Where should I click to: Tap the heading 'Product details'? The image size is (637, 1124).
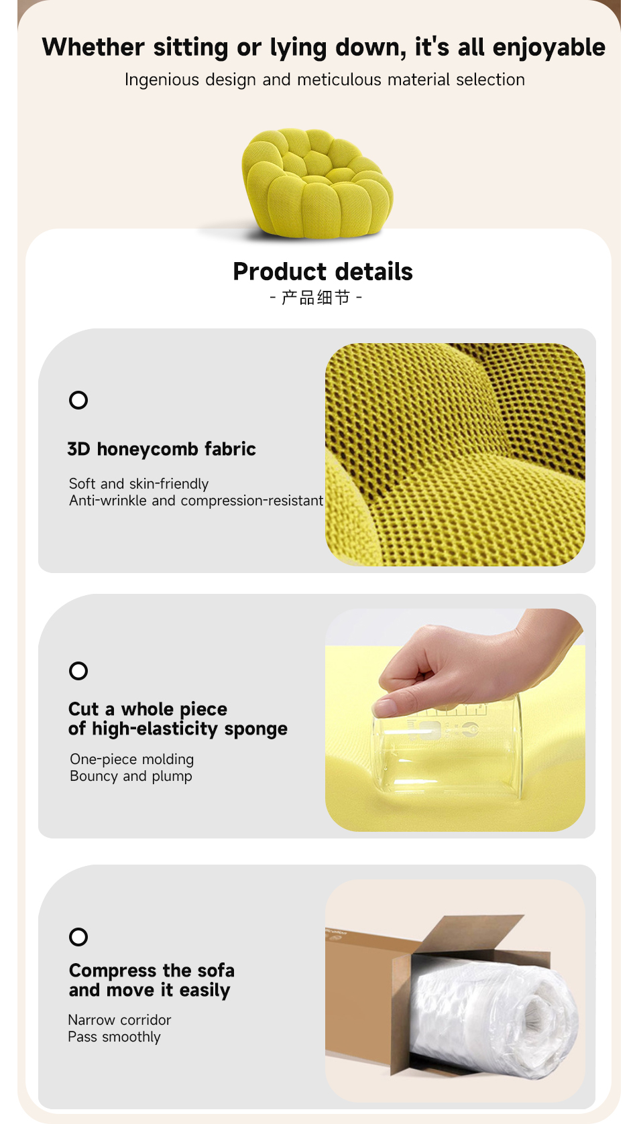tap(323, 271)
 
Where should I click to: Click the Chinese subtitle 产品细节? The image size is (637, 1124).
tap(316, 298)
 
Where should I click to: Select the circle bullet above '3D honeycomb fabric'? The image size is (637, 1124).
tap(78, 400)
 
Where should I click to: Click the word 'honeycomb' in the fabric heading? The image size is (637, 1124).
tap(141, 448)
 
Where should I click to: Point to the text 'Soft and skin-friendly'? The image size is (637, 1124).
tap(139, 484)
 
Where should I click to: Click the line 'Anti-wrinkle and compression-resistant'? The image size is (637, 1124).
tap(196, 501)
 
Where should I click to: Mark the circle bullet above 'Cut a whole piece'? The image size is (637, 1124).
tap(78, 671)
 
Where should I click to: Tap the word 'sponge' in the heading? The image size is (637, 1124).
tap(256, 730)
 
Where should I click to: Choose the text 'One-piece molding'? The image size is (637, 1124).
tap(131, 759)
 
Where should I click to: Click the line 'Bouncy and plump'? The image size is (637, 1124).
tap(131, 776)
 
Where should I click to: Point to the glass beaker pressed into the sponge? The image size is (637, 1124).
tap(447, 748)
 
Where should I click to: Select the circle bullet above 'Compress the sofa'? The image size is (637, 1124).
tap(78, 937)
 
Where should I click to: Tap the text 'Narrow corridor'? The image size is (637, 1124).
tap(119, 1020)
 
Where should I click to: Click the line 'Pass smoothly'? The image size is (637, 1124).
tap(114, 1037)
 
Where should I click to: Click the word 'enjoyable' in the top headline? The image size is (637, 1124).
tap(548, 48)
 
